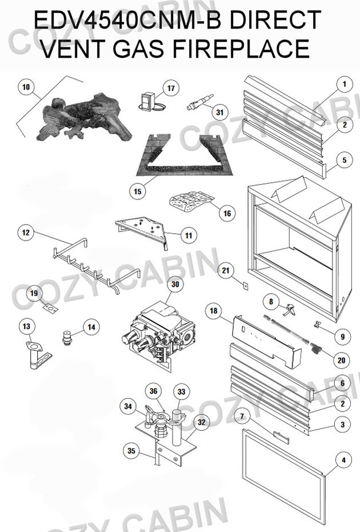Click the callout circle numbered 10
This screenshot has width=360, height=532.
click(x=25, y=87)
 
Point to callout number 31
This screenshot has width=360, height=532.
click(x=220, y=111)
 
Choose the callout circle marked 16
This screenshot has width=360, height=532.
click(x=227, y=213)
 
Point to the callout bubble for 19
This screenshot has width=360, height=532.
click(x=34, y=294)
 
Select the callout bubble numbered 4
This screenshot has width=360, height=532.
click(x=343, y=459)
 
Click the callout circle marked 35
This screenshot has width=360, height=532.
click(x=131, y=451)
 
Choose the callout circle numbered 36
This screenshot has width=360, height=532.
click(x=153, y=391)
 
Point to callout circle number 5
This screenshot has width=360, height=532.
click(x=343, y=161)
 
